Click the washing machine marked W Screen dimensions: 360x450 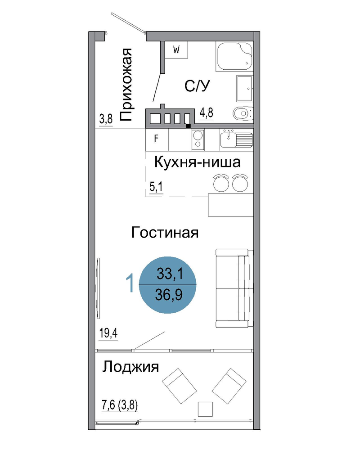pyautogui.click(x=176, y=50)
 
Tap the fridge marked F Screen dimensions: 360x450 pyautogui.click(x=157, y=139)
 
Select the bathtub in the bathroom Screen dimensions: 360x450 pyautogui.click(x=235, y=57)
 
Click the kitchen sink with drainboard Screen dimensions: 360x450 pyautogui.click(x=237, y=139)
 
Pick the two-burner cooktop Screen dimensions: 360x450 pyautogui.click(x=198, y=139)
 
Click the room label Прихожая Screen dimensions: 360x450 pyautogui.click(x=126, y=85)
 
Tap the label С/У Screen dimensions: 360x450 pyautogui.click(x=197, y=86)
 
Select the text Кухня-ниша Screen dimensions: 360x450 pyautogui.click(x=197, y=162)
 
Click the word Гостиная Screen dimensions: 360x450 pyautogui.click(x=165, y=233)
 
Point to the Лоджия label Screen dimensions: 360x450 pyautogui.click(x=130, y=367)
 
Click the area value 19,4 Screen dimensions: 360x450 pyautogui.click(x=108, y=333)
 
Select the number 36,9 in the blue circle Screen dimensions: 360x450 pyautogui.click(x=168, y=295)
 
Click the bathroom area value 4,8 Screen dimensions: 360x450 pyautogui.click(x=207, y=113)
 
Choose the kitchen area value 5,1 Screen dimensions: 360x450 pyautogui.click(x=156, y=187)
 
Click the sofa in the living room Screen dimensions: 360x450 pyautogui.click(x=234, y=288)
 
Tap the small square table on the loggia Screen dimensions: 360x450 pyautogui.click(x=205, y=409)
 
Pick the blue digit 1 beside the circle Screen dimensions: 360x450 pyautogui.click(x=130, y=283)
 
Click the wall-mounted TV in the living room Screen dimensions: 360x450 pyautogui.click(x=98, y=288)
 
